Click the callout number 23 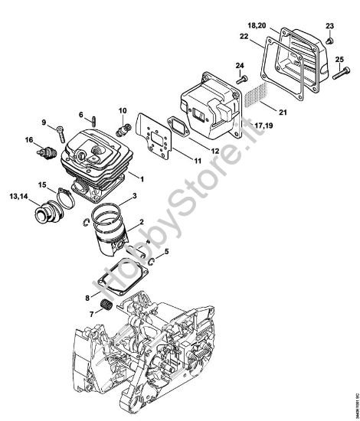point(329,25)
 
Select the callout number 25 point(339,59)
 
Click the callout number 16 point(28,140)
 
